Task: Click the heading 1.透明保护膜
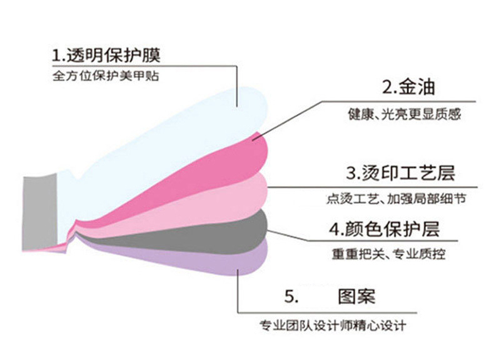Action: pos(106,55)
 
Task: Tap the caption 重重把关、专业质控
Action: pos(388,254)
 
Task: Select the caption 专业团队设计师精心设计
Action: pos(333,326)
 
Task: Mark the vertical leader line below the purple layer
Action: pos(238,294)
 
